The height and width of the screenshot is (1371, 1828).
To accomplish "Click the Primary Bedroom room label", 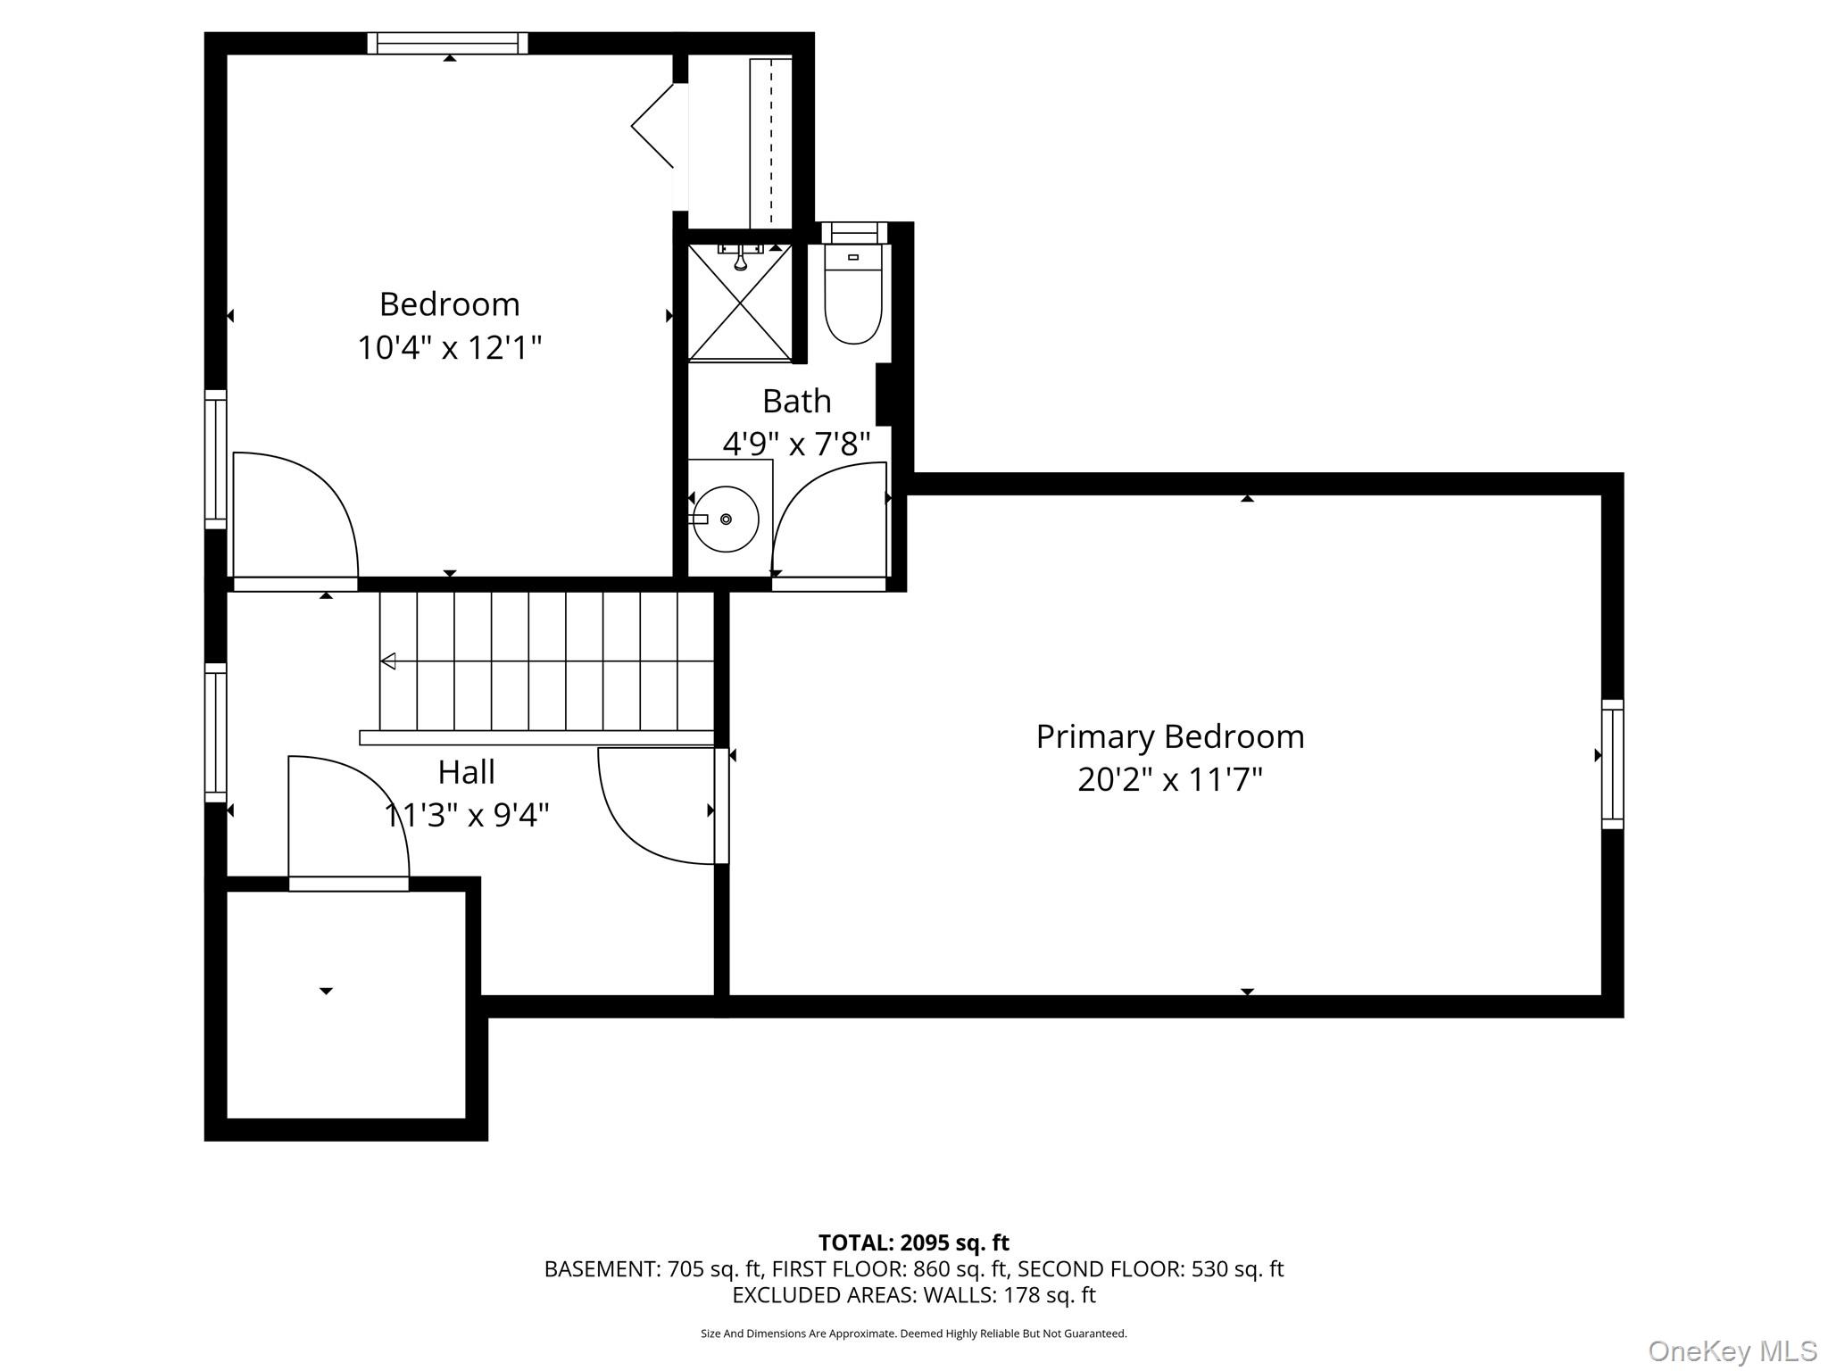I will (1169, 737).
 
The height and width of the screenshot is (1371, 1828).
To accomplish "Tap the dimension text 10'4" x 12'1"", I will (450, 347).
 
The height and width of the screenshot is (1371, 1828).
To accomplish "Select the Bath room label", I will (796, 402).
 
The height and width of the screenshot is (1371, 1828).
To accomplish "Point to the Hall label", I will (466, 772).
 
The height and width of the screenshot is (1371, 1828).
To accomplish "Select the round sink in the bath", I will (726, 519).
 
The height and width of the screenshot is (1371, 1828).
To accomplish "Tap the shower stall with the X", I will (740, 303).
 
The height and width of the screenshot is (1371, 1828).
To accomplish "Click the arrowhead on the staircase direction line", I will (388, 661).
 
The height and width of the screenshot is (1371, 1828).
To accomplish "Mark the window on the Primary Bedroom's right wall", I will (1612, 764).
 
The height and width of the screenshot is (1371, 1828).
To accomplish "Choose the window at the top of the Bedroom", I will (447, 43).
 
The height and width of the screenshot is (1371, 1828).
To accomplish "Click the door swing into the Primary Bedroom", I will (656, 808).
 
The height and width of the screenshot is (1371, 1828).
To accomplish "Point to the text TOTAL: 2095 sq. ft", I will (913, 1242).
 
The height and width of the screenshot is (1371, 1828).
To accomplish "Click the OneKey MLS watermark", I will (1732, 1350).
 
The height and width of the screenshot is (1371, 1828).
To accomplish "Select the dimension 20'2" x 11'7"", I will (1169, 780).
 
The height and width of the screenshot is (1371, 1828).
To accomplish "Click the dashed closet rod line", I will (771, 143).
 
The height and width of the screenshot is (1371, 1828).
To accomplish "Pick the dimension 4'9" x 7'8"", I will (796, 444).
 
